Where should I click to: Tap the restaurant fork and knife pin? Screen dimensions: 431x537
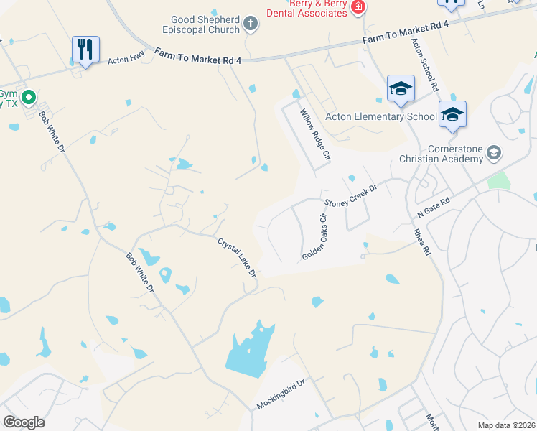pos(85,50)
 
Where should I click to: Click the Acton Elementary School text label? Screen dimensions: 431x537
pos(380,116)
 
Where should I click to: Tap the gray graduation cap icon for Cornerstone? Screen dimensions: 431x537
pos(493,152)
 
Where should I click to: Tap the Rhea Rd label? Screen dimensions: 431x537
pos(422,241)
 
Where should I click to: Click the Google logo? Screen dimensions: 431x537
pos(24,422)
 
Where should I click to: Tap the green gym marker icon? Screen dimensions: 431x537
pos(29,96)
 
